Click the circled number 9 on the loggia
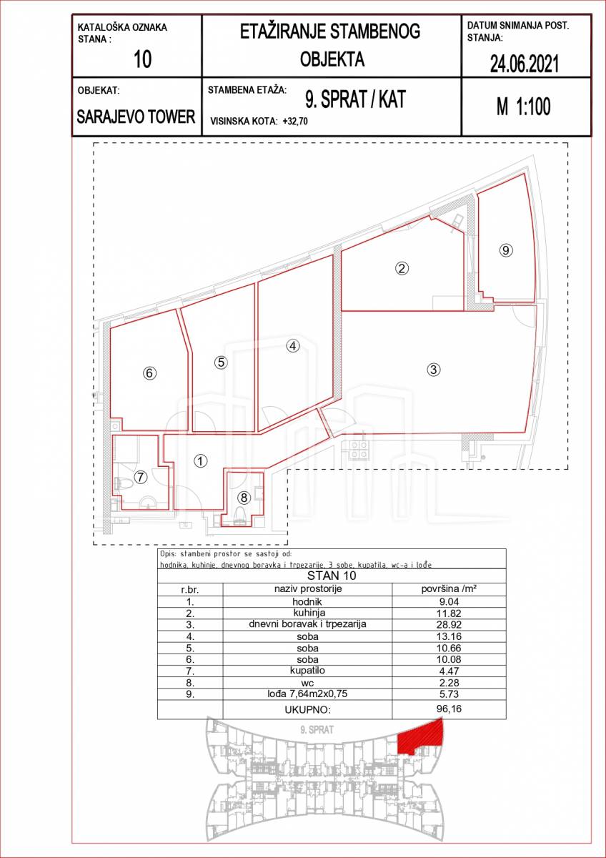[506, 250]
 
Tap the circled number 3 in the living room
[433, 370]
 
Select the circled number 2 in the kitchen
[402, 268]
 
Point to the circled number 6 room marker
[149, 373]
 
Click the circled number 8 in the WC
[244, 498]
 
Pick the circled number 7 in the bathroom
[141, 478]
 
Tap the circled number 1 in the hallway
[200, 461]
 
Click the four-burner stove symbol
[359, 450]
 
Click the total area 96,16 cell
[449, 709]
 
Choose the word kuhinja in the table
[309, 613]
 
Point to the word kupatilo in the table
[308, 671]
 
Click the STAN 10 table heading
[332, 576]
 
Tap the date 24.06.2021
[525, 64]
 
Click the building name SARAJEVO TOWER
[136, 117]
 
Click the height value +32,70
[295, 122]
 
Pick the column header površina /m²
[449, 588]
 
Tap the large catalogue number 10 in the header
[142, 60]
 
